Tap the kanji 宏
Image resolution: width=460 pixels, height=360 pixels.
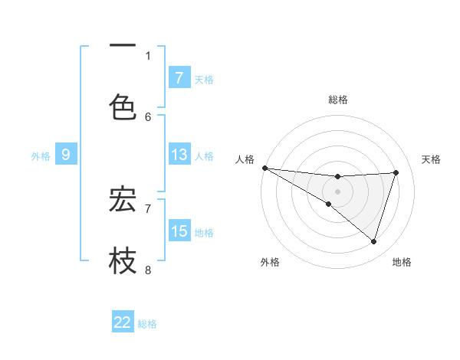[x=123, y=198]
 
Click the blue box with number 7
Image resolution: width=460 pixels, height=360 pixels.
[x=179, y=77]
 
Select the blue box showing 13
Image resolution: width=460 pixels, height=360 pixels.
[x=179, y=155]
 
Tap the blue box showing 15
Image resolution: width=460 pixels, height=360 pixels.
[x=179, y=231]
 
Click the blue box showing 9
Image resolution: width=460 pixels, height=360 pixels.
[x=66, y=155]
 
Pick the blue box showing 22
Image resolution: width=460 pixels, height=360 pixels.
[x=123, y=322]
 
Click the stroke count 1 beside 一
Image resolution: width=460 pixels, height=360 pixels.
[x=148, y=55]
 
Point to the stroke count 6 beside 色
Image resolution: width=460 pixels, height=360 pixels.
[x=148, y=116]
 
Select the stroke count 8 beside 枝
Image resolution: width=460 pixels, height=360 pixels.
[x=148, y=270]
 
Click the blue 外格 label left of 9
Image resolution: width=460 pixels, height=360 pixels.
[x=41, y=156]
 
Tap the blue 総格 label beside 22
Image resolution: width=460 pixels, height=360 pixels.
[x=147, y=324]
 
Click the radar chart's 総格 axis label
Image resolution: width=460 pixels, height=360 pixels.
[x=338, y=100]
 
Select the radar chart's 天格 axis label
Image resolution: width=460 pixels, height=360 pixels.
[x=432, y=159]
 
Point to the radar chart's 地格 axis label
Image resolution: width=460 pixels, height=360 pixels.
[x=402, y=262]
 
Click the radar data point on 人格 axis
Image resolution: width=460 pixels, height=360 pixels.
[x=264, y=167]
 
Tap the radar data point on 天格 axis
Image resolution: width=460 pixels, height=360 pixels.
[x=396, y=172]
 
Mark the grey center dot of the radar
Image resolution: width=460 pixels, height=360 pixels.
[x=337, y=191]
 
